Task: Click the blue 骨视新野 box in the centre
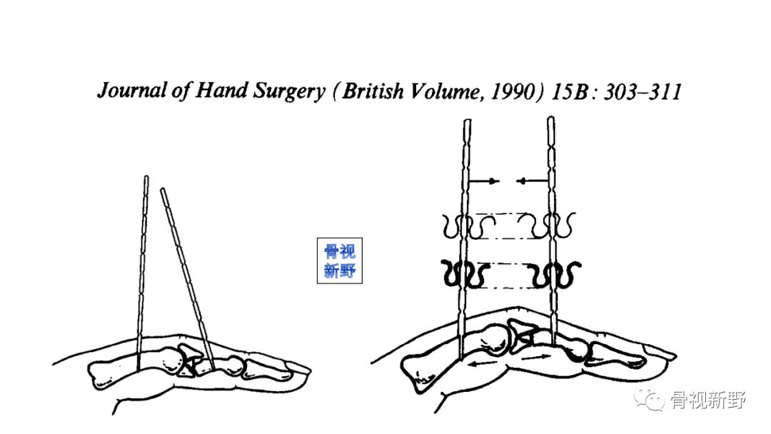click(340, 261)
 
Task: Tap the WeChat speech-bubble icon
click(652, 401)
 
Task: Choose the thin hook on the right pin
click(553, 228)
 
